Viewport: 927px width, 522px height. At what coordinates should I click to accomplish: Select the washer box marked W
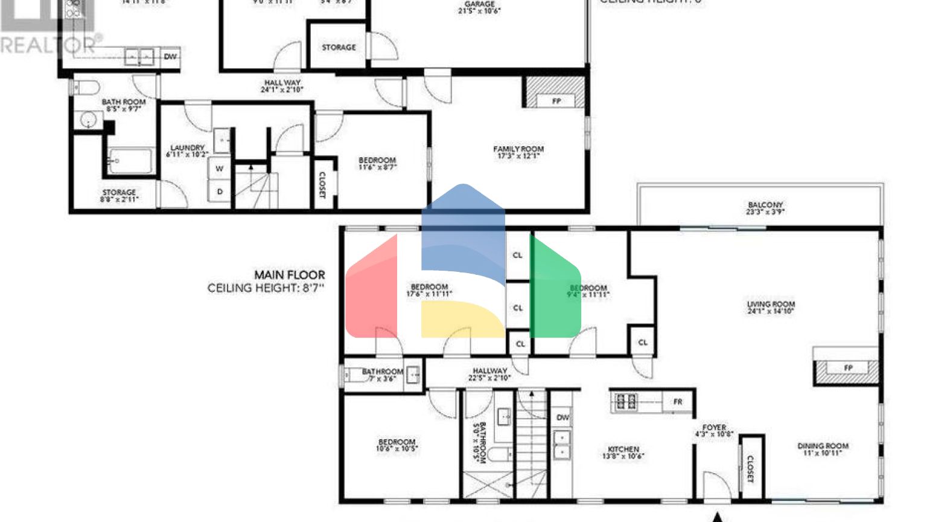(x=219, y=169)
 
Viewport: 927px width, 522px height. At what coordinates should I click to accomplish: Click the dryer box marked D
(x=220, y=192)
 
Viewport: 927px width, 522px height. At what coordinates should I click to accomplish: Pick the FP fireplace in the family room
(x=556, y=101)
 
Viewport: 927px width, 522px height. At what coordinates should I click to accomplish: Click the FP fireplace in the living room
(x=848, y=368)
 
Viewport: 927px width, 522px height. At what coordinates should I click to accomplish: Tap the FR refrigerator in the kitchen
(x=677, y=402)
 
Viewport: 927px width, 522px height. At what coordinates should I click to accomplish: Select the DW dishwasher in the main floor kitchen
(x=562, y=417)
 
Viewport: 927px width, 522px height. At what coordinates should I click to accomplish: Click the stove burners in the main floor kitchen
(x=625, y=401)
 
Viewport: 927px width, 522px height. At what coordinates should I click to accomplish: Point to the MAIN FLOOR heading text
(x=289, y=275)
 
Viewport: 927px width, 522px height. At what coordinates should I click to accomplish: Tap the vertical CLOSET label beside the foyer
(x=750, y=469)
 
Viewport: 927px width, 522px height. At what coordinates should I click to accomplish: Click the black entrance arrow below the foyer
(x=718, y=517)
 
